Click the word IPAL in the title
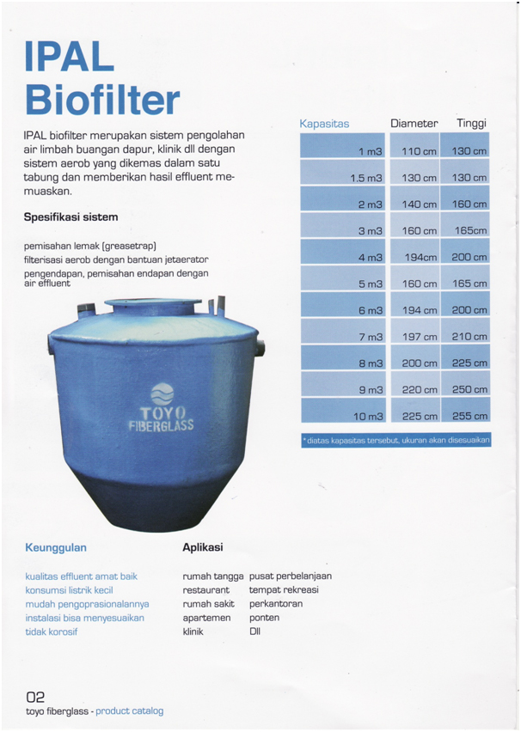point(70,56)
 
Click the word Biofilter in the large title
point(102,100)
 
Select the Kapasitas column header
point(324,124)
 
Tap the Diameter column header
point(414,124)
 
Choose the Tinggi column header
point(471,124)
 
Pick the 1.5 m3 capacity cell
point(365,178)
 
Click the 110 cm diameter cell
point(420,151)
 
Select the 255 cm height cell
point(469,417)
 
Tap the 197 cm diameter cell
point(420,337)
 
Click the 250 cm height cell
point(469,390)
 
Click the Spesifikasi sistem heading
point(71,217)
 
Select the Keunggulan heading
point(56,547)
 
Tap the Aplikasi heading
point(203,547)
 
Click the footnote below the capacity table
point(395,440)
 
